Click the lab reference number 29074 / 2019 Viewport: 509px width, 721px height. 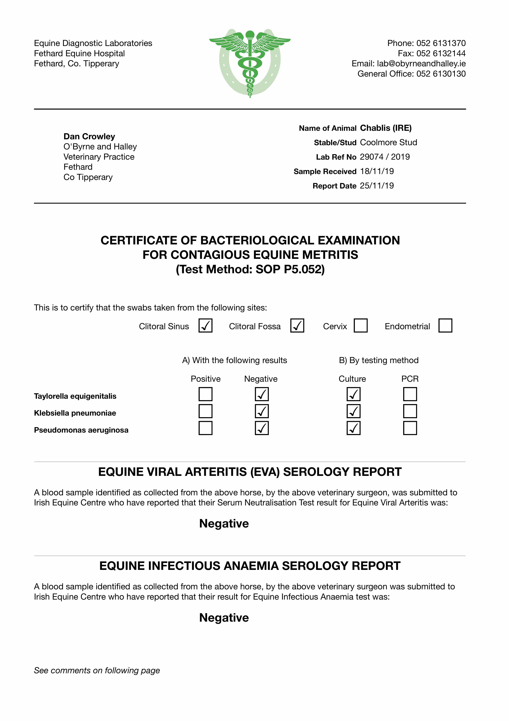point(385,157)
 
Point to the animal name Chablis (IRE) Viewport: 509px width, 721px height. point(386,128)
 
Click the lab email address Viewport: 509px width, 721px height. point(421,64)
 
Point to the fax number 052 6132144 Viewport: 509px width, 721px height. point(441,53)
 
